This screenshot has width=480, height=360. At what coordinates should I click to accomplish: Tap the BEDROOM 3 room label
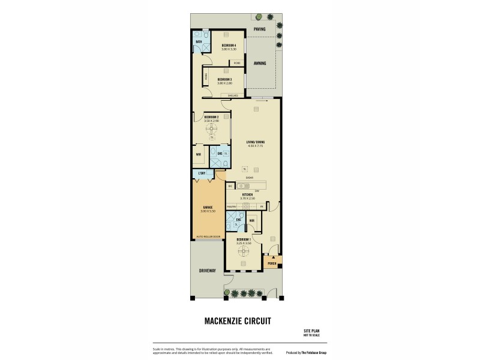[225, 79]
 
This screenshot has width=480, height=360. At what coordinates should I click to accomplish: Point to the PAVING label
[259, 29]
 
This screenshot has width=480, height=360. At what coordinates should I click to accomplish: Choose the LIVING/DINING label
[256, 143]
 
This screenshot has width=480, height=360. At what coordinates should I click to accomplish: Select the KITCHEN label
[248, 195]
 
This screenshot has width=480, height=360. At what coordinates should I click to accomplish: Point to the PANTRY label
[231, 206]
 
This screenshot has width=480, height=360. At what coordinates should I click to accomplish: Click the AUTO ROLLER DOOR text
[208, 237]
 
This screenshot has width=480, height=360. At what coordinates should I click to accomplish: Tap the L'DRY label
[201, 174]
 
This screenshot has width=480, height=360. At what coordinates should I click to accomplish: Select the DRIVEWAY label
[207, 271]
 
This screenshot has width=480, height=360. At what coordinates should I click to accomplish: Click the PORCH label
[271, 263]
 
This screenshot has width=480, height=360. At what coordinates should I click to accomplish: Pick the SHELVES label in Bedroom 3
[233, 95]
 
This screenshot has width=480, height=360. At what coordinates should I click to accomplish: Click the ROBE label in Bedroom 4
[237, 62]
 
